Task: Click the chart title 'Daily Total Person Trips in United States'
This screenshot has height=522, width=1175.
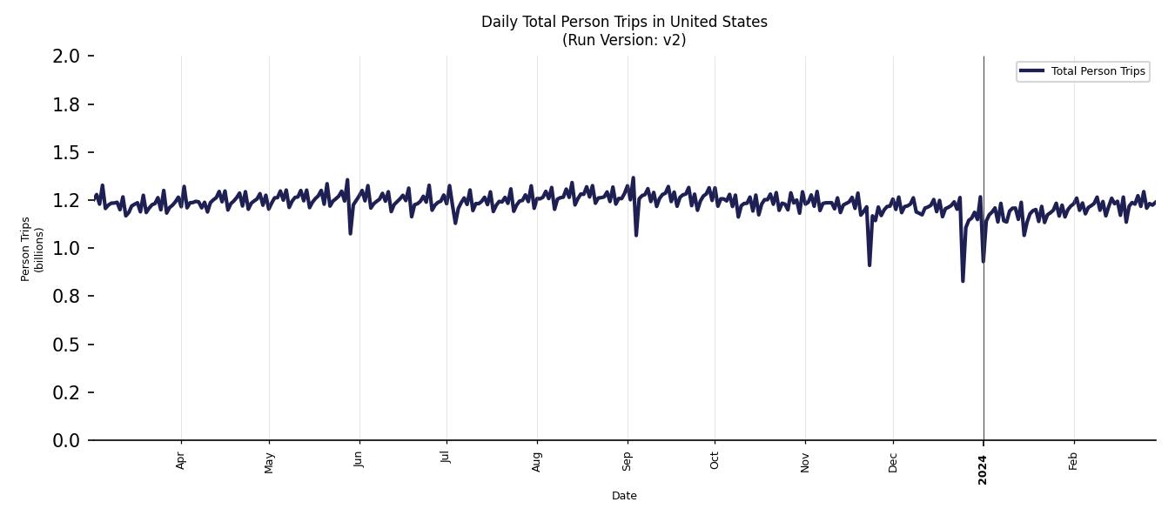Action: [x=624, y=22]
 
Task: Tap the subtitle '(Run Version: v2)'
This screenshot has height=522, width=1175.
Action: [x=624, y=40]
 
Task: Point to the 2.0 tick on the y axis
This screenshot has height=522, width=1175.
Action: [x=67, y=57]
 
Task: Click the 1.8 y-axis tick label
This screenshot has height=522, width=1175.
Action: [x=67, y=104]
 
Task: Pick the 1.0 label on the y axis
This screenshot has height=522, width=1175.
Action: [x=67, y=249]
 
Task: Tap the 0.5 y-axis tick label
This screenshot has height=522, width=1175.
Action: [x=67, y=345]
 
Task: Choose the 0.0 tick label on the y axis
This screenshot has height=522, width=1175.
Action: [x=67, y=441]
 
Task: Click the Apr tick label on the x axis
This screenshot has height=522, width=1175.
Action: [x=181, y=460]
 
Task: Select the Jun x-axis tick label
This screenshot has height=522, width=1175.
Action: [x=359, y=459]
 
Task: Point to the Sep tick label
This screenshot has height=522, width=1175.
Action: [x=627, y=460]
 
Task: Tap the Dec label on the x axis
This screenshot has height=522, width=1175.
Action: [x=893, y=460]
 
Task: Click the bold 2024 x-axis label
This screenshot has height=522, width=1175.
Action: [x=983, y=469]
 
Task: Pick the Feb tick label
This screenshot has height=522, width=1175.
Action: [x=1073, y=460]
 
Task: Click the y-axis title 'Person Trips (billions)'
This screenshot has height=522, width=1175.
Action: [x=32, y=249]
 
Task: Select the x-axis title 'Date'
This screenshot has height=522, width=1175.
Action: [x=624, y=496]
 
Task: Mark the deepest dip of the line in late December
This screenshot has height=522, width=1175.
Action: [x=963, y=280]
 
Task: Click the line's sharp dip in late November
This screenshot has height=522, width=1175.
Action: [x=869, y=264]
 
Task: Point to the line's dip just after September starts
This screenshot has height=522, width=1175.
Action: [x=636, y=235]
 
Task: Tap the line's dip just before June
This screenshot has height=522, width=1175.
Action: [x=351, y=233]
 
